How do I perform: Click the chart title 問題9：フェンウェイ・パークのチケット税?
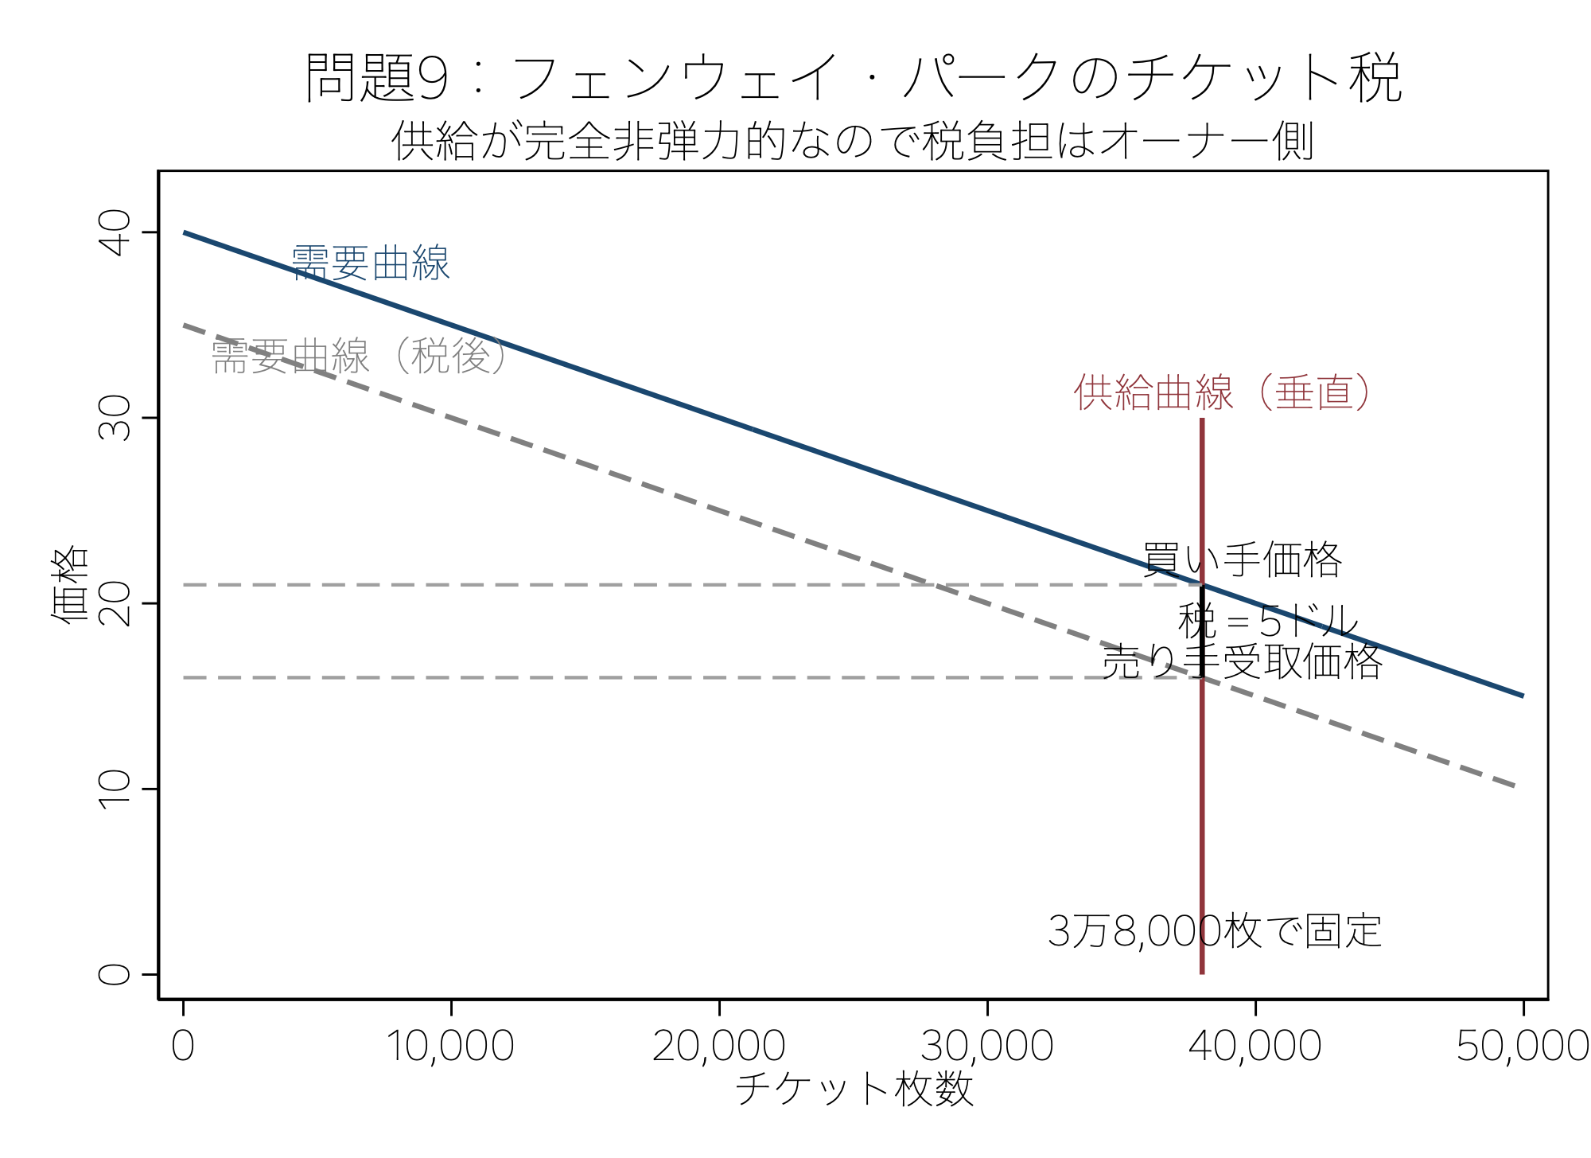pyautogui.click(x=853, y=78)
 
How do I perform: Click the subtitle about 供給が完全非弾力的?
pyautogui.click(x=853, y=142)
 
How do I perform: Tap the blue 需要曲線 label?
pyautogui.click(x=371, y=263)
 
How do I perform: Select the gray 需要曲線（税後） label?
pyautogui.click(x=360, y=356)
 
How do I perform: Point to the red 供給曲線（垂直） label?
pyautogui.click(x=1222, y=392)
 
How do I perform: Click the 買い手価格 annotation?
pyautogui.click(x=1243, y=560)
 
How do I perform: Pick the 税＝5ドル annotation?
pyautogui.click(x=1268, y=621)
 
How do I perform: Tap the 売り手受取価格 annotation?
pyautogui.click(x=1242, y=661)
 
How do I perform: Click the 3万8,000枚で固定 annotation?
pyautogui.click(x=1215, y=930)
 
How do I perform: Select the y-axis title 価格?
pyautogui.click(x=70, y=584)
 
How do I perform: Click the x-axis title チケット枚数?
pyautogui.click(x=854, y=1088)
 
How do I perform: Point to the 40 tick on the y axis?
pyautogui.click(x=115, y=232)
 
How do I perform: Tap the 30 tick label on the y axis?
pyautogui.click(x=115, y=418)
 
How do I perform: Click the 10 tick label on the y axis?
pyautogui.click(x=115, y=789)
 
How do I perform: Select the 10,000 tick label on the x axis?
pyautogui.click(x=451, y=1046)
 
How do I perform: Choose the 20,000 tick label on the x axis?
pyautogui.click(x=719, y=1046)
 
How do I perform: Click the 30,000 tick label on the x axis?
pyautogui.click(x=987, y=1046)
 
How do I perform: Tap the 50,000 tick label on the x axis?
pyautogui.click(x=1521, y=1046)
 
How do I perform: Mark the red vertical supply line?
pyautogui.click(x=1202, y=796)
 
